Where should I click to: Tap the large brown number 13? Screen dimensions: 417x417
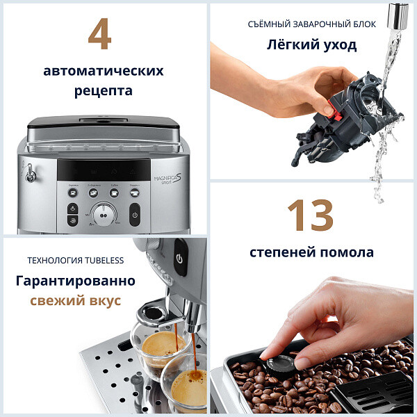(311, 215)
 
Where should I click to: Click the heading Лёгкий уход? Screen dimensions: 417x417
(311, 45)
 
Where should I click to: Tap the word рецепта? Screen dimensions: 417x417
(104, 90)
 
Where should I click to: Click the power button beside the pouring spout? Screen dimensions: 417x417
(179, 258)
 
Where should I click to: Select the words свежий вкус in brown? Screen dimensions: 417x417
(75, 301)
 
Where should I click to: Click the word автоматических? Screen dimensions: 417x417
(104, 71)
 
